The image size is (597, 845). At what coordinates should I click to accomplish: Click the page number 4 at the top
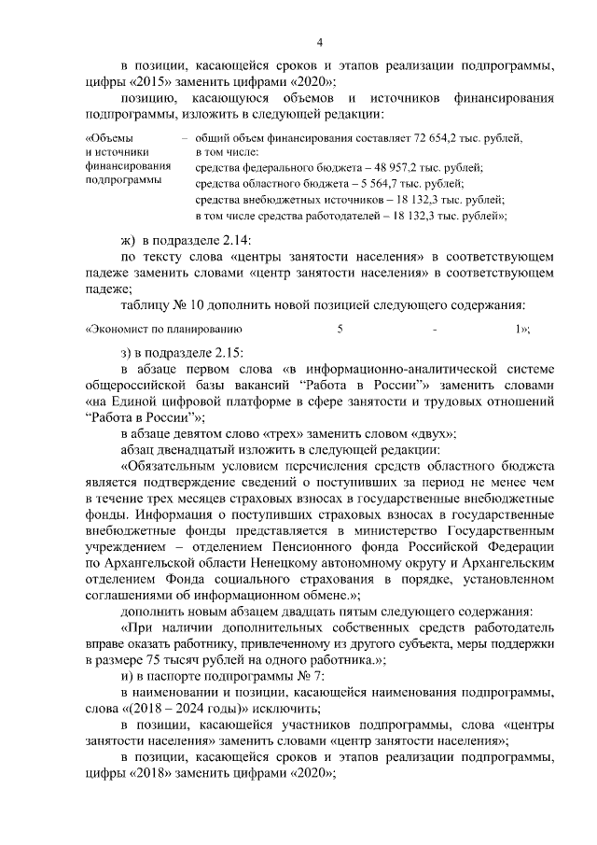point(319,42)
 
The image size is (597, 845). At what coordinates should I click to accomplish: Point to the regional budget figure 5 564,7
point(374,184)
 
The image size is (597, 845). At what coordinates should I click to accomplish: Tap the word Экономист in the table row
point(121,329)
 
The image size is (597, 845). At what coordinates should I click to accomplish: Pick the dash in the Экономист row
point(435,329)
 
